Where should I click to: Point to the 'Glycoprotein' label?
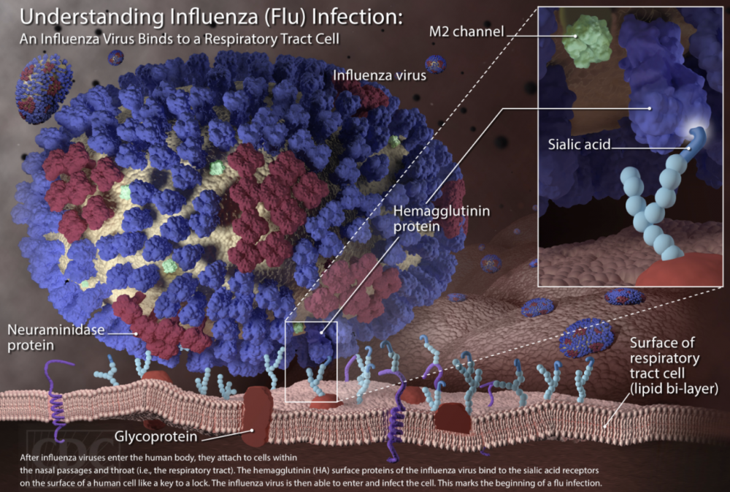point(155,437)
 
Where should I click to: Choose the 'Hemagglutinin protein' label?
point(441,219)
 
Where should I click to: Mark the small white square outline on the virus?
point(311,360)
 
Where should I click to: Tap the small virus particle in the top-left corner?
point(42,86)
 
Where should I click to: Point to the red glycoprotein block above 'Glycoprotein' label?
point(258,414)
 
